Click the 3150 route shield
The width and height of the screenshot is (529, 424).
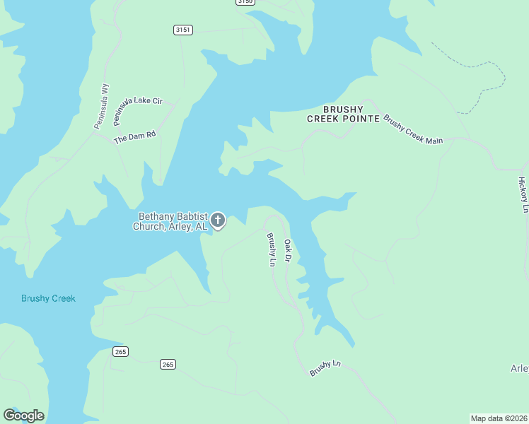[245, 2]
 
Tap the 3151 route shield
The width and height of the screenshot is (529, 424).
[182, 30]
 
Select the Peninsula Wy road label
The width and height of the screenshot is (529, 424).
[102, 106]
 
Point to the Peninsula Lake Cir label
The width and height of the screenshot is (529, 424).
[137, 105]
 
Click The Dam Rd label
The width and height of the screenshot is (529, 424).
[134, 136]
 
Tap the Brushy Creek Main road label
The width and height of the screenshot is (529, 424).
[413, 129]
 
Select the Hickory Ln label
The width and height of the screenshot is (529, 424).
[523, 195]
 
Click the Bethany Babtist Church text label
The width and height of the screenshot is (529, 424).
[171, 221]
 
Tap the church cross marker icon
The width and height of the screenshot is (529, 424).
[219, 220]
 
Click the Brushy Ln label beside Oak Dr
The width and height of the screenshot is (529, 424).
[270, 249]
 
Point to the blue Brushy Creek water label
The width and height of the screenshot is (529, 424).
[48, 298]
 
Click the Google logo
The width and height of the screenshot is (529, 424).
[23, 416]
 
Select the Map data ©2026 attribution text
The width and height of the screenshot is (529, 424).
[499, 418]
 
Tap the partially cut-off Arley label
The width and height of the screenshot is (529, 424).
[520, 368]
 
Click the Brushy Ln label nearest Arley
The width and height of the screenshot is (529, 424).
[325, 368]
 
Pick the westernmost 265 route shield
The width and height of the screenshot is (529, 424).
[120, 352]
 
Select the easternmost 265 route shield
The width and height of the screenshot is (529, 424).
[168, 364]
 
